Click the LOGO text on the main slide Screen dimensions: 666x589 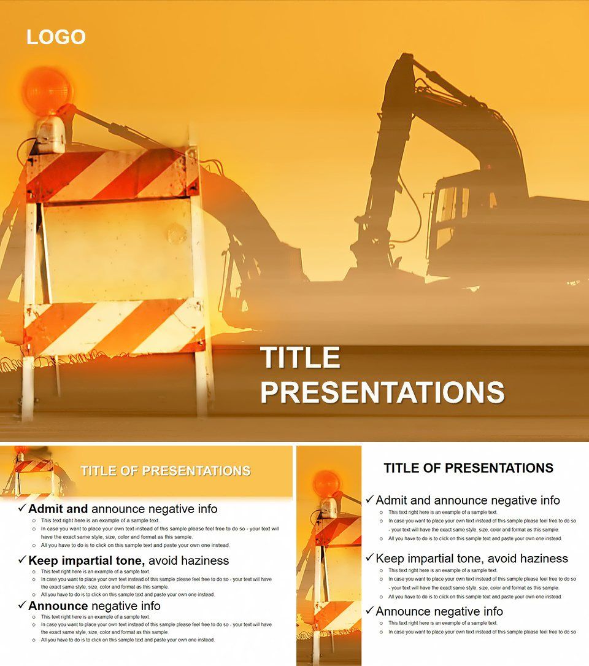(56, 37)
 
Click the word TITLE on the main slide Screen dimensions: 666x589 (300, 358)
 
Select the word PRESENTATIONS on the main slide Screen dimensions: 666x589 (382, 392)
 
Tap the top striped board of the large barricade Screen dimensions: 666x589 (114, 176)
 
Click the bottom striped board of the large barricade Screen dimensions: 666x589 (114, 327)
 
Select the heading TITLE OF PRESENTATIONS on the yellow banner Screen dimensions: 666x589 (166, 471)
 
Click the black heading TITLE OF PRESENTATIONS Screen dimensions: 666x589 (468, 468)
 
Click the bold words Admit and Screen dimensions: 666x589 (58, 509)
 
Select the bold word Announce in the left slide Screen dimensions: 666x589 (58, 606)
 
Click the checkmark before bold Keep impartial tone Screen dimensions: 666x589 (23, 560)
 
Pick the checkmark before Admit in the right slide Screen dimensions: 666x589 (369, 500)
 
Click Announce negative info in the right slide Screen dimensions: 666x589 (439, 611)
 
